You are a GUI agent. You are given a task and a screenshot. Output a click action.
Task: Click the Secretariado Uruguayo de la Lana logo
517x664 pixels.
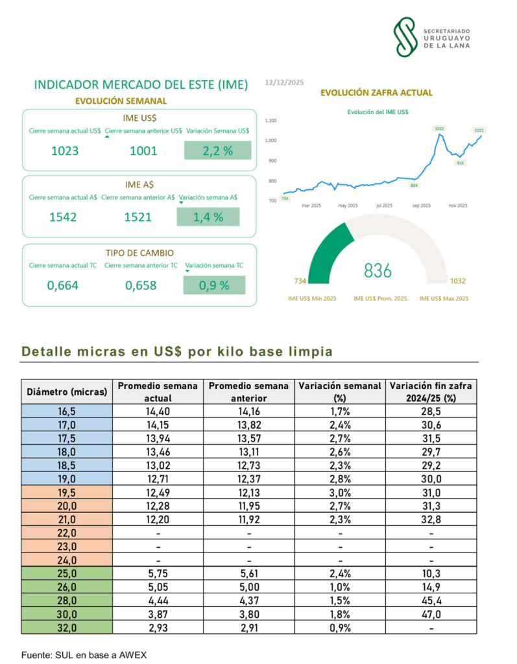coord(433,36)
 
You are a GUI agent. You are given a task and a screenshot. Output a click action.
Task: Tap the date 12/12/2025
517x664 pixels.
coord(284,83)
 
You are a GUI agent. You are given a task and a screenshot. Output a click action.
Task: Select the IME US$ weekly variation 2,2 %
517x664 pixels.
coord(217,150)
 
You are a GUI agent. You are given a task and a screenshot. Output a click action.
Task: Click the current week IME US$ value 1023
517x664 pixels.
coord(65,151)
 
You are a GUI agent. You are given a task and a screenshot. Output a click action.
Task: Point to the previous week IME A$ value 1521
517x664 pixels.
coord(138,217)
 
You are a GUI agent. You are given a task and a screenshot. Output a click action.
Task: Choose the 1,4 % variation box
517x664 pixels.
coord(208,217)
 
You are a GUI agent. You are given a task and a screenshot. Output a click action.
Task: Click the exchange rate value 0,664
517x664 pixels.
coord(64,285)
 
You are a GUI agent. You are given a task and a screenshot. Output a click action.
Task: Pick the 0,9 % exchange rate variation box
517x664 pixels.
coord(214,285)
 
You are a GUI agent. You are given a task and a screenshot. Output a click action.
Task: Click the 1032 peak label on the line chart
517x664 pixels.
coord(439,128)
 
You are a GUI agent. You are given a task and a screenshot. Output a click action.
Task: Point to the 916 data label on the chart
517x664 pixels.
coord(460,163)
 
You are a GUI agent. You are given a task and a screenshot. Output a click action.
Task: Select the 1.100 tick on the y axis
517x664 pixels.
coord(271,121)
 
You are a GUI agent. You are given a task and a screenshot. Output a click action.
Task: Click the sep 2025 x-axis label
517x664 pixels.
coord(421,206)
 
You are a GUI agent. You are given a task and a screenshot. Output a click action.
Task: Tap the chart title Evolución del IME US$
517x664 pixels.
coord(378,112)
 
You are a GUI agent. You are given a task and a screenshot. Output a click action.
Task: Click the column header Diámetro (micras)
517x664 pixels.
coord(67,392)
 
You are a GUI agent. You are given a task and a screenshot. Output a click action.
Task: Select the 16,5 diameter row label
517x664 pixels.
coord(67,410)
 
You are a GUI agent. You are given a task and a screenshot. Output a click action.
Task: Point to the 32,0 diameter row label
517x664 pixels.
coord(67,627)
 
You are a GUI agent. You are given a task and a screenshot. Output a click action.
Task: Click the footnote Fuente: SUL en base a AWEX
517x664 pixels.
coord(84,654)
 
